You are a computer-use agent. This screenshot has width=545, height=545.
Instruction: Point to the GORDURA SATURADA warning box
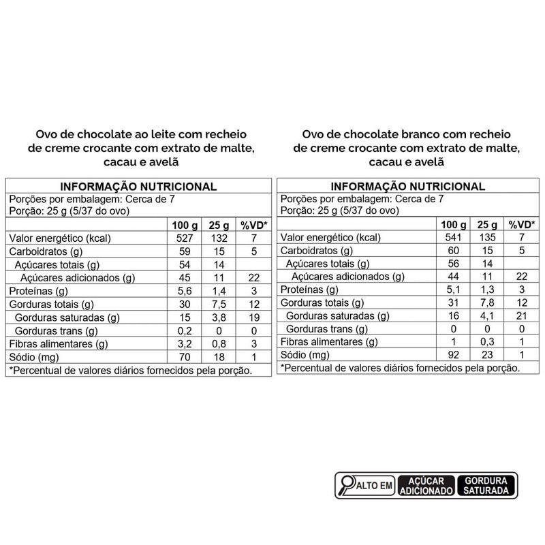point(488,485)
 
